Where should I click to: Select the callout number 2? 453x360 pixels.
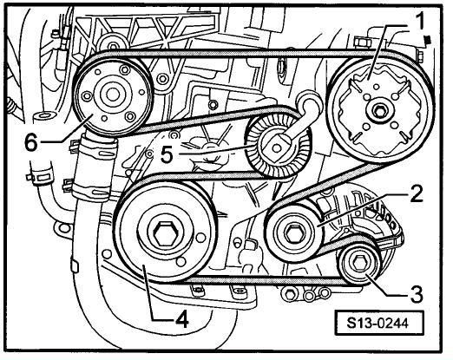click(x=417, y=193)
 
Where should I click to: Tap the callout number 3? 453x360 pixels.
click(x=416, y=294)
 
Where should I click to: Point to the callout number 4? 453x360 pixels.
click(x=181, y=318)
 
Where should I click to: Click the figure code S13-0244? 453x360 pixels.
click(x=378, y=323)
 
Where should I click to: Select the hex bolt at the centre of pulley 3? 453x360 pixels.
click(x=359, y=263)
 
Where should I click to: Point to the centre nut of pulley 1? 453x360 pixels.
click(x=378, y=110)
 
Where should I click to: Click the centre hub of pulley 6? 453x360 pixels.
click(x=112, y=94)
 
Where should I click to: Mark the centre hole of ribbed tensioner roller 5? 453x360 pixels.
click(x=277, y=148)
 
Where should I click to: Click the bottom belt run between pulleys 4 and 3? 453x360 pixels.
click(x=260, y=279)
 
